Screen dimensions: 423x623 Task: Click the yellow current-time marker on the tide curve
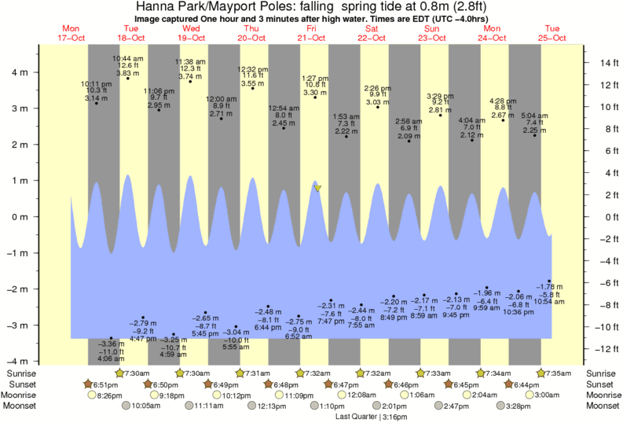(317, 188)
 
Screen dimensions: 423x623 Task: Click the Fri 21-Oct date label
(311, 33)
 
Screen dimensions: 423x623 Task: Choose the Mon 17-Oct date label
(71, 33)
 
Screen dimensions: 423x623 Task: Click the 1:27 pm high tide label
(315, 78)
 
